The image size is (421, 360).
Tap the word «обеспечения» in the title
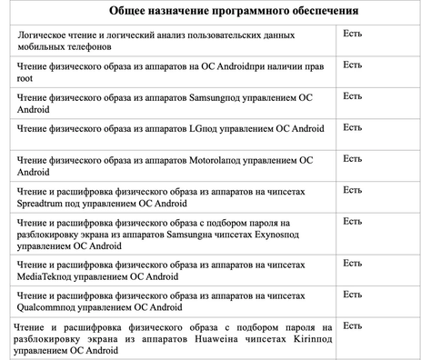[312, 11]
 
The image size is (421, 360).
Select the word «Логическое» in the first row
[45, 34]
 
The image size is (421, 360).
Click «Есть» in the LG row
[353, 127]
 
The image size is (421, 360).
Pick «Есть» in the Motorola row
[353, 158]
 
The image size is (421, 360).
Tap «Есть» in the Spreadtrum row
[353, 189]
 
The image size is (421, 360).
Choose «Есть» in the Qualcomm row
[353, 295]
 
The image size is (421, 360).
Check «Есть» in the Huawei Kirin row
[353, 325]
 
